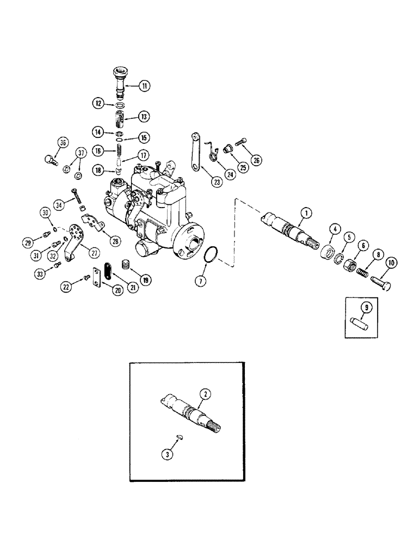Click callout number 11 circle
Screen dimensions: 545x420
coord(145,86)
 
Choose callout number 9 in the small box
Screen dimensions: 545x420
coord(367,307)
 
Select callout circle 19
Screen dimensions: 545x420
coord(146,280)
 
